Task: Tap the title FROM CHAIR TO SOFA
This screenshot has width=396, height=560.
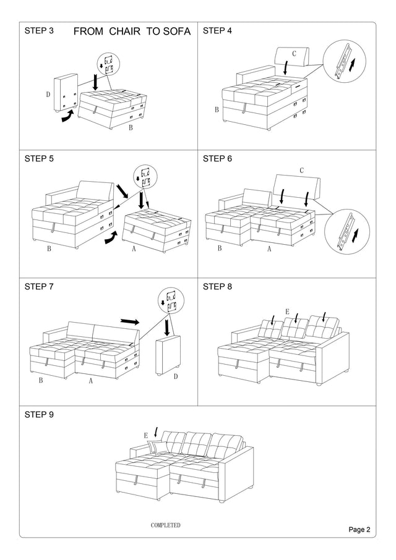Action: click(x=132, y=32)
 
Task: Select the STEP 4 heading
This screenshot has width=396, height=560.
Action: click(x=218, y=30)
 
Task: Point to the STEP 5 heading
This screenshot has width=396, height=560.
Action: click(x=39, y=158)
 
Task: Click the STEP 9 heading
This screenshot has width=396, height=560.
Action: click(x=39, y=414)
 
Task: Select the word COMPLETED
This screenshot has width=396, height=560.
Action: click(x=166, y=525)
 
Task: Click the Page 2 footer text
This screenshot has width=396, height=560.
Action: click(x=359, y=529)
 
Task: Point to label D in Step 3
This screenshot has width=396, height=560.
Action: click(x=48, y=95)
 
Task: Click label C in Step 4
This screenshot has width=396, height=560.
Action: click(x=294, y=54)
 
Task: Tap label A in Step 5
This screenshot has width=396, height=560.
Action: click(x=134, y=250)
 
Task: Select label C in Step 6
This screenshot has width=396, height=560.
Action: click(x=301, y=170)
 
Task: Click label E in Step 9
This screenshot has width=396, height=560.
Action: click(x=146, y=435)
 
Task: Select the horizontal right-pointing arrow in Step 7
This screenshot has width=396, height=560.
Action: click(x=130, y=321)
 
